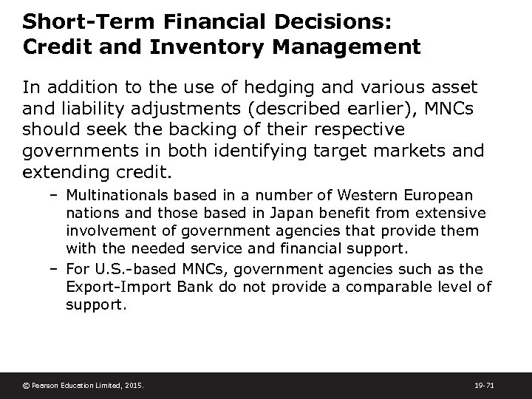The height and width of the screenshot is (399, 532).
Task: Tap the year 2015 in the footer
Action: (x=133, y=385)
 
